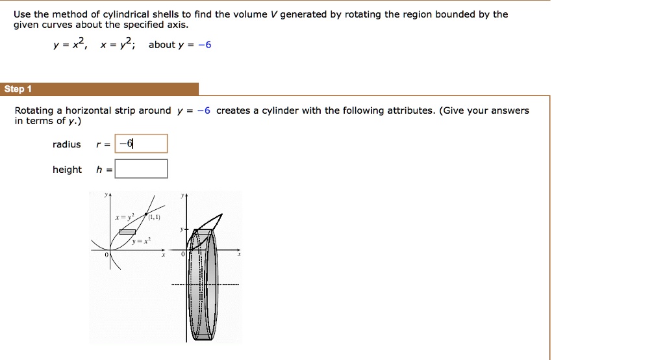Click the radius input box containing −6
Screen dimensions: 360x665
(x=141, y=144)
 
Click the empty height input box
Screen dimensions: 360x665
(x=141, y=169)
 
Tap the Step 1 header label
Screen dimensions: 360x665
(x=14, y=89)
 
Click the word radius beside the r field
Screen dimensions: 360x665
(x=66, y=144)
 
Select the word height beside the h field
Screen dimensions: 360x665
(x=67, y=170)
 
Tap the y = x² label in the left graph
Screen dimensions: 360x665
(x=140, y=241)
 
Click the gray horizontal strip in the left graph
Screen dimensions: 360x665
(x=127, y=232)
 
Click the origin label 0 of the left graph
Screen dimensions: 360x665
(x=108, y=256)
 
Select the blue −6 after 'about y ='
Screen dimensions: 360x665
(x=205, y=45)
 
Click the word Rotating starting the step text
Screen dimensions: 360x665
(x=34, y=110)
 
